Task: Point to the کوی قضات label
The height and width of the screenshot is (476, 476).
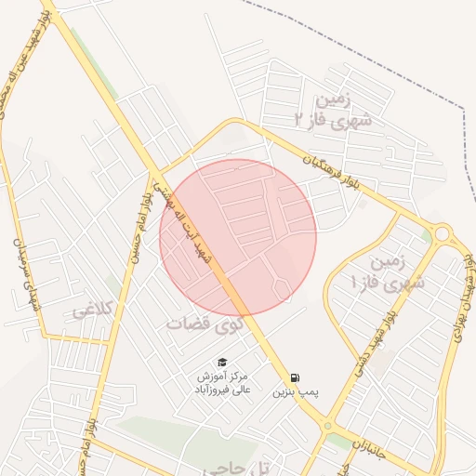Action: point(199,324)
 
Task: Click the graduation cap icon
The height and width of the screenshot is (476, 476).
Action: point(221,362)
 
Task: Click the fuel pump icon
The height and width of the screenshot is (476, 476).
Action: point(295,377)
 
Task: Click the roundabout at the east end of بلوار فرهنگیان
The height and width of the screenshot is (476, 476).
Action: point(442,233)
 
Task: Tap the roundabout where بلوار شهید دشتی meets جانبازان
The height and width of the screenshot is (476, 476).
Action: point(327,425)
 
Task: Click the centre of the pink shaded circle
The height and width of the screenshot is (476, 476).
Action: point(238,238)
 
